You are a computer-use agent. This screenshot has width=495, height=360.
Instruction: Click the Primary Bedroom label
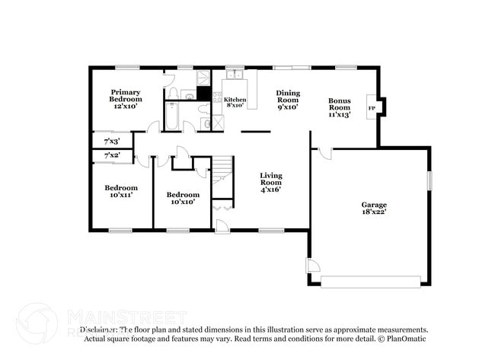[125, 100]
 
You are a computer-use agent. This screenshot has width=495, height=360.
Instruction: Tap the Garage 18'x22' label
[373, 209]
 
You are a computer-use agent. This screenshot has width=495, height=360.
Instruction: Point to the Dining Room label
[287, 100]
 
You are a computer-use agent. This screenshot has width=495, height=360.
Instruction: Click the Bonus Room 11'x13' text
[339, 107]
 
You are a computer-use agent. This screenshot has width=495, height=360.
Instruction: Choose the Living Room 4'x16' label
[270, 182]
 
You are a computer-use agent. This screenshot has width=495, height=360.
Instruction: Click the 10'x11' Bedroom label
[121, 191]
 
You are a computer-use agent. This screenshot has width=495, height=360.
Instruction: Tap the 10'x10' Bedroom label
[183, 198]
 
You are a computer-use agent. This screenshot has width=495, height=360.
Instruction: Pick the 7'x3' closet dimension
[111, 141]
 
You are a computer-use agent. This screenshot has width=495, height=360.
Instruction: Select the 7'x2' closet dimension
[111, 155]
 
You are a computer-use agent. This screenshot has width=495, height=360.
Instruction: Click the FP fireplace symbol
[372, 108]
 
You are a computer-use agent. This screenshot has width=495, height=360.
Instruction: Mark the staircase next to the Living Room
[222, 171]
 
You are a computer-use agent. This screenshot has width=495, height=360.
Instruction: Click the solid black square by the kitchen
[203, 94]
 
